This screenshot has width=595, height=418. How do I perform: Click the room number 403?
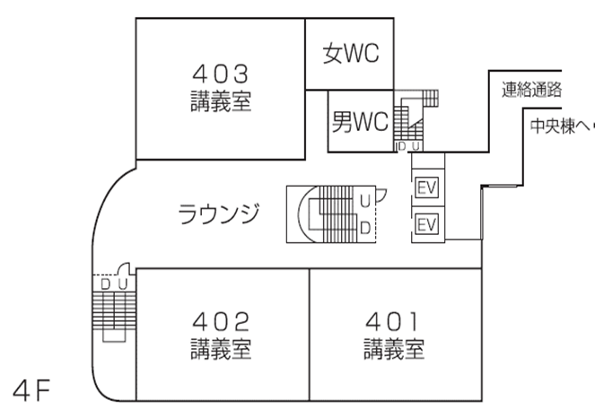(220, 71)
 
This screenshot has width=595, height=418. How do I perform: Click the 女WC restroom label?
(351, 54)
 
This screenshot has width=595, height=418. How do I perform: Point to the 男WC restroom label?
(360, 121)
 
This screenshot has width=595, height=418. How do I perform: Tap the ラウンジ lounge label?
(219, 214)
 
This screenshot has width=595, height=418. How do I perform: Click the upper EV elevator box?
(426, 187)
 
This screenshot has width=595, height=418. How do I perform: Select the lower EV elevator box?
(426, 222)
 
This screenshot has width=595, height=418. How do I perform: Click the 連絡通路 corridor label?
(531, 90)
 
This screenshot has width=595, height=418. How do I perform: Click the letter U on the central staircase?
(365, 199)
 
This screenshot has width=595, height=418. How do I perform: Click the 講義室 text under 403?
(220, 100)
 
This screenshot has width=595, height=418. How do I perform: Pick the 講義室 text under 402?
(220, 347)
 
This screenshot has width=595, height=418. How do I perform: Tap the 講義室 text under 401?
(394, 347)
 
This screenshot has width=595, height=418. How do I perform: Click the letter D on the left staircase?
(105, 283)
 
